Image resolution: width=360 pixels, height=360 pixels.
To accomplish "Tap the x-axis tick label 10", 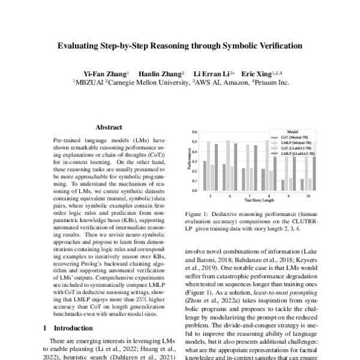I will (308, 196).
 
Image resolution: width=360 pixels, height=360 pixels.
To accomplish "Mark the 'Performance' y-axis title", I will (188, 161).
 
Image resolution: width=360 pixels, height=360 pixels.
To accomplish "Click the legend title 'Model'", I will (292, 131).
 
